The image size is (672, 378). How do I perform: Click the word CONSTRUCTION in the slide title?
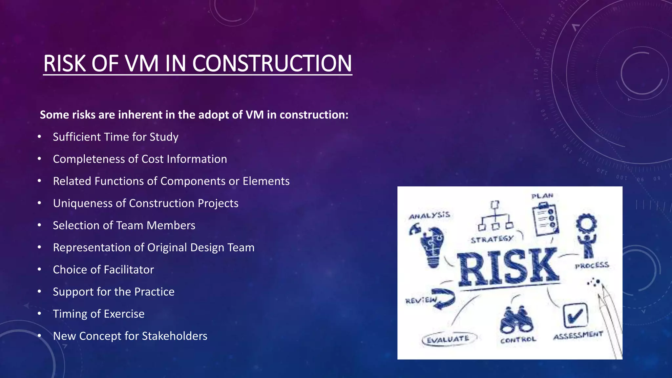coord(272,63)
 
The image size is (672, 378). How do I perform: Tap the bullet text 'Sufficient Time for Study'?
coord(115,137)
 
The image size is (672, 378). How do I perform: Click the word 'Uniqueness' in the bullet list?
coord(82,203)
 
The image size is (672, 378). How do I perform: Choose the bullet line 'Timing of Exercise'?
coord(98,314)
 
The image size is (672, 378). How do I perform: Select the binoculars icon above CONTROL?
coord(516,320)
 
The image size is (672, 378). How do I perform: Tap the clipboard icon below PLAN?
coord(545,220)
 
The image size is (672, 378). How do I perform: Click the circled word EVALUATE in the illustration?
coord(448,339)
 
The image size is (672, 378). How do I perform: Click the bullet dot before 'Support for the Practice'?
coord(39,292)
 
